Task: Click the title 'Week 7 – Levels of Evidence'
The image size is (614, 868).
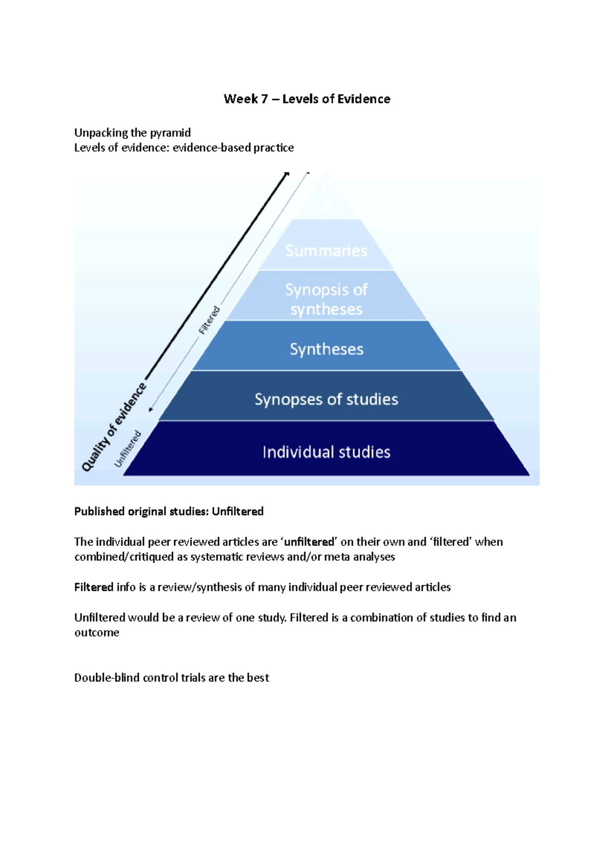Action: pyautogui.click(x=307, y=99)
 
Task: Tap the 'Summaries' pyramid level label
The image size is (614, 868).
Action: pyautogui.click(x=326, y=250)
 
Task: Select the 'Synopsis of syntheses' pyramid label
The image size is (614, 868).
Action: pyautogui.click(x=326, y=300)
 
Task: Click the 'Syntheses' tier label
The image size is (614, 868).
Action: pyautogui.click(x=326, y=349)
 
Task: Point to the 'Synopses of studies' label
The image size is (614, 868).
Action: pyautogui.click(x=326, y=399)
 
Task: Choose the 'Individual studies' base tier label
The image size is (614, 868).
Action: pyautogui.click(x=326, y=452)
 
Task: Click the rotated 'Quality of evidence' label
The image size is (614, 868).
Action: pyautogui.click(x=115, y=427)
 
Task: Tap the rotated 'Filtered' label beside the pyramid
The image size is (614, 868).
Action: pyautogui.click(x=210, y=320)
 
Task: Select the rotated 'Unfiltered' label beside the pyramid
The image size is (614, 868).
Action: pyautogui.click(x=127, y=448)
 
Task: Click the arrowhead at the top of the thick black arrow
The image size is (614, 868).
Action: pyautogui.click(x=287, y=175)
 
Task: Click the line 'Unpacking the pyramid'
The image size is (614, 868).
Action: pyautogui.click(x=133, y=133)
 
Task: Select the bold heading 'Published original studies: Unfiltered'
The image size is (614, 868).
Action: pyautogui.click(x=169, y=511)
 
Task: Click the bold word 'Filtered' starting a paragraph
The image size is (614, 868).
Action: pyautogui.click(x=94, y=587)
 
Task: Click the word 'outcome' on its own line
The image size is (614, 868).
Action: pyautogui.click(x=97, y=632)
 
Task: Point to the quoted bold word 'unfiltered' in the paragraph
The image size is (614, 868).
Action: pyautogui.click(x=309, y=542)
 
